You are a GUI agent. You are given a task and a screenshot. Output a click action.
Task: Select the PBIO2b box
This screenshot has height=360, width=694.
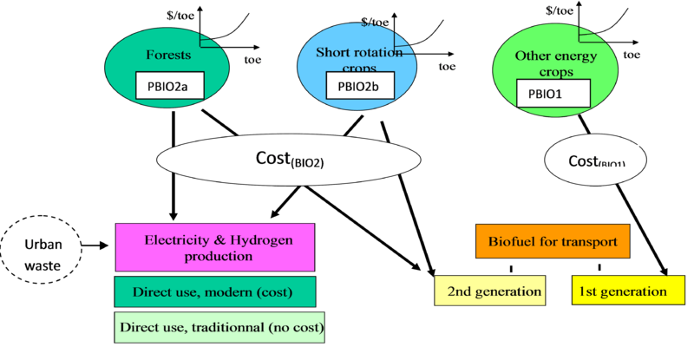click(x=357, y=86)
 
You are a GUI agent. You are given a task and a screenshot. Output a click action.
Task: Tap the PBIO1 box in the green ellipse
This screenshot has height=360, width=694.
click(x=553, y=92)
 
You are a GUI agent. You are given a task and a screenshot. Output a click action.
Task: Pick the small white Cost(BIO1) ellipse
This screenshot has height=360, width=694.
click(x=596, y=161)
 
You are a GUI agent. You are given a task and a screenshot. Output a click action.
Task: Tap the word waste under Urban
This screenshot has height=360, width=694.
click(x=43, y=265)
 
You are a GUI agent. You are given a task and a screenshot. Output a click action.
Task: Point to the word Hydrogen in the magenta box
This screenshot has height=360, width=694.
click(x=256, y=239)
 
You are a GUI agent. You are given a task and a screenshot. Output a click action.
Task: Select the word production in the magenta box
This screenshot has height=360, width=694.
click(x=215, y=256)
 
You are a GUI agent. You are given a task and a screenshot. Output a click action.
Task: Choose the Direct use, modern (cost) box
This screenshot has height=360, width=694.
click(x=214, y=291)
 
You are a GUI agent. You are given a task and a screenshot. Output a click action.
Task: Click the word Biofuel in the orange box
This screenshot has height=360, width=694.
click(x=511, y=241)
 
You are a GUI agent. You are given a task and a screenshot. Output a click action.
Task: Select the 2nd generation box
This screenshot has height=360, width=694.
click(x=489, y=291)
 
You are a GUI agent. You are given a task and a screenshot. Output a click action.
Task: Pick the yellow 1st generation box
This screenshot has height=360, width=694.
click(x=621, y=291)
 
